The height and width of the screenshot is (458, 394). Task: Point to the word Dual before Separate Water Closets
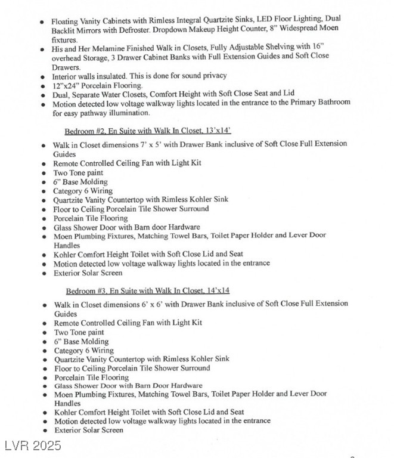(x=61, y=94)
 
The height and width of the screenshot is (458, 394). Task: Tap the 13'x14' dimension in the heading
(x=218, y=131)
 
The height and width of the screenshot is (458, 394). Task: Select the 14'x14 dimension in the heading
(x=217, y=290)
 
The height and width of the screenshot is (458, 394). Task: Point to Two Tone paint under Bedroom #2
(x=79, y=173)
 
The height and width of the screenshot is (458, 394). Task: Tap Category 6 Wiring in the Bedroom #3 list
(x=84, y=351)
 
